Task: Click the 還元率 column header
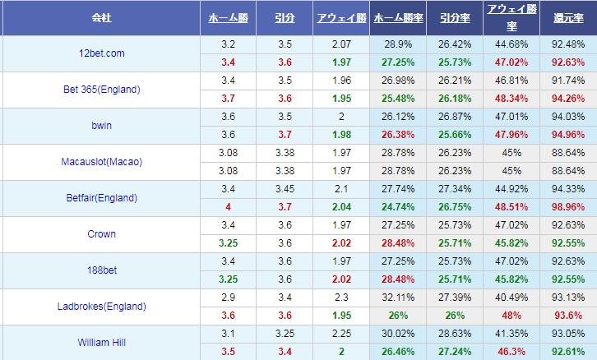point(568,16)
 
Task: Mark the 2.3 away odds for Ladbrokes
point(340,298)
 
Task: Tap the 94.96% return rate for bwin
point(568,135)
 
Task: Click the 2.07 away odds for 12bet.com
point(340,44)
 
